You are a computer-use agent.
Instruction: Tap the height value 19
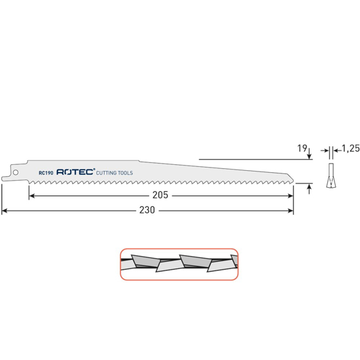[x=302, y=149]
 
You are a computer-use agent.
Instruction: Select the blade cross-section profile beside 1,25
[x=332, y=175]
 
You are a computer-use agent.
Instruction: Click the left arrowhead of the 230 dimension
[x=5, y=211]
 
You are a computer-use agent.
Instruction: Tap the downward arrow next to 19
[x=309, y=153]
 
